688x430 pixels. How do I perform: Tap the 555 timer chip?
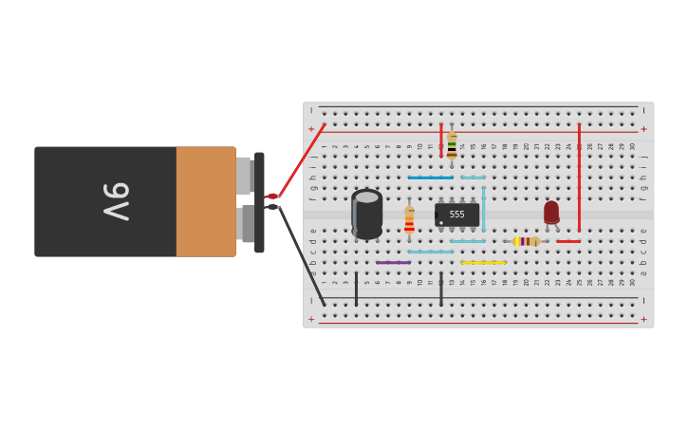click(x=456, y=214)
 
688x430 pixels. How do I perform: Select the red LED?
click(x=551, y=212)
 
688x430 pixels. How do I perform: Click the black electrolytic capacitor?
click(x=367, y=214)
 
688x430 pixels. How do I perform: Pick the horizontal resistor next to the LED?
click(x=527, y=241)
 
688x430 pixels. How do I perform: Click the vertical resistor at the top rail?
click(x=452, y=144)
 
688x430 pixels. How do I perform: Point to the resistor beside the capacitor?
click(x=409, y=219)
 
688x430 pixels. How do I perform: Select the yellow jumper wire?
click(x=483, y=262)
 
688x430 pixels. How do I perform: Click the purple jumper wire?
click(x=393, y=262)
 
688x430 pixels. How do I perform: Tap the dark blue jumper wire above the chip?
click(x=430, y=178)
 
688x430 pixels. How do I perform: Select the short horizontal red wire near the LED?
click(x=568, y=241)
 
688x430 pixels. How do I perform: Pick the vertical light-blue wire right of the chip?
click(x=483, y=209)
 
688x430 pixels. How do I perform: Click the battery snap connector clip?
click(x=259, y=202)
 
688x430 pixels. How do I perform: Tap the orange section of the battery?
click(x=205, y=201)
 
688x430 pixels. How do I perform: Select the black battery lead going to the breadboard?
click(x=302, y=256)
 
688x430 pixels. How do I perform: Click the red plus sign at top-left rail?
click(x=310, y=129)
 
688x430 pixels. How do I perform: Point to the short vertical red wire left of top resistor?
click(x=440, y=140)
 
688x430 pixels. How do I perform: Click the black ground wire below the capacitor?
click(x=357, y=289)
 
